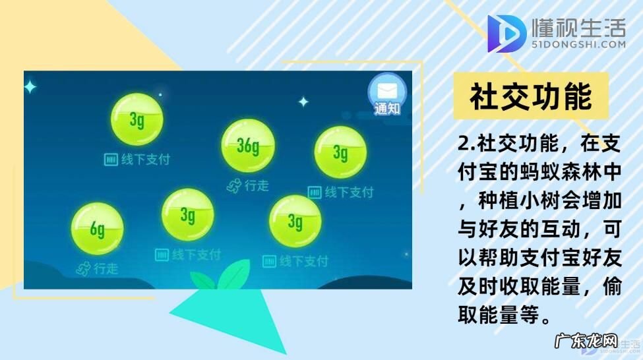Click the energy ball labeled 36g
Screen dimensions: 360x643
coord(247,146)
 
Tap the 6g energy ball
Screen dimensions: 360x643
coord(97,229)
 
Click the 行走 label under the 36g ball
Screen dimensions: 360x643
coord(257,186)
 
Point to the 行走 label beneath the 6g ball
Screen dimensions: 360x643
coord(106,269)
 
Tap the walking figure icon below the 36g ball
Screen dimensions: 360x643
coord(233,187)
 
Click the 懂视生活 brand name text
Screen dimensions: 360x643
coord(578,28)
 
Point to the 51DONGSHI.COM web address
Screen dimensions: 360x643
coord(578,45)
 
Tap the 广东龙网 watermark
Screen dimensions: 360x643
coord(586,344)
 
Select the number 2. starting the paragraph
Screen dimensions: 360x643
coord(467,144)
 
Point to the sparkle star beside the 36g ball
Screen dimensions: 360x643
coord(303,102)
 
